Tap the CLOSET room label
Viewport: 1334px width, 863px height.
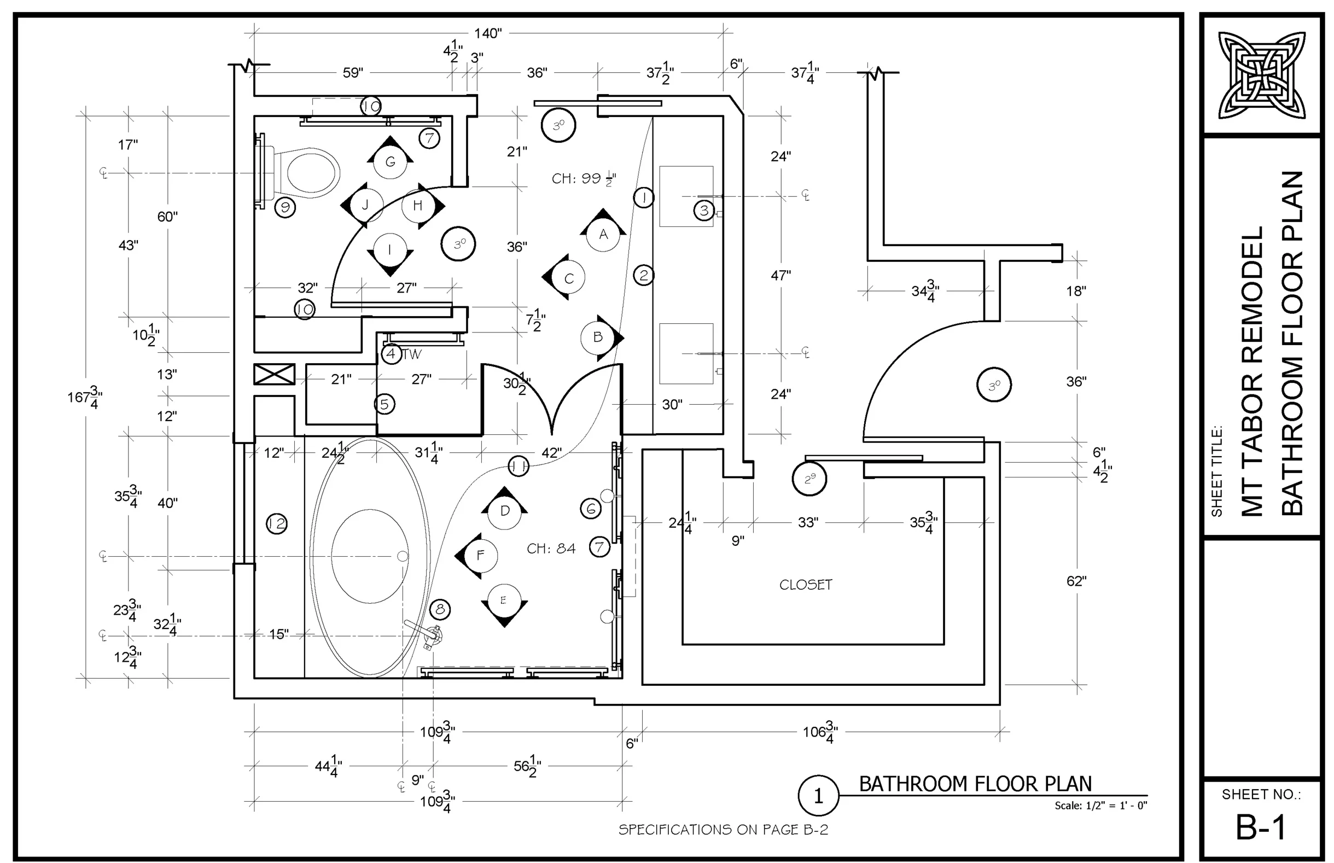805,585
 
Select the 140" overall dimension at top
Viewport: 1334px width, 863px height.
487,33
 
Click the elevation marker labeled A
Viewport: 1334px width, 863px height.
603,234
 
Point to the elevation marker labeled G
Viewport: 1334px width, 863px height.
390,161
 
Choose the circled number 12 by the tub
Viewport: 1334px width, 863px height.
276,523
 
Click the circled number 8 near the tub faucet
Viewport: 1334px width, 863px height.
440,609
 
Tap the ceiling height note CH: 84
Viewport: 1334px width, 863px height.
551,549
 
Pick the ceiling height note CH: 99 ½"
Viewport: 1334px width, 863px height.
583,179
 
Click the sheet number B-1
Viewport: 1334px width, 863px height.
1260,827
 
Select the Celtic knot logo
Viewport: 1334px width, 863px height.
1261,75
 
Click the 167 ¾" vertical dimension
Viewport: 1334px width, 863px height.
85,397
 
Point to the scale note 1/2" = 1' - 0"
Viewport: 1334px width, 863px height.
1100,805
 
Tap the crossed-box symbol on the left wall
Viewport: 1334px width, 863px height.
274,374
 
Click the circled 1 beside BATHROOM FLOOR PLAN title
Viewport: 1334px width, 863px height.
818,796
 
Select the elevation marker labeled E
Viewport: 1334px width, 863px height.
504,600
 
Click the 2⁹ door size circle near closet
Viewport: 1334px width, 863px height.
809,479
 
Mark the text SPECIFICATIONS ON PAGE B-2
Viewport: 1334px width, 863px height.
723,830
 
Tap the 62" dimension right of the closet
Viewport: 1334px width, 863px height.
1076,581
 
